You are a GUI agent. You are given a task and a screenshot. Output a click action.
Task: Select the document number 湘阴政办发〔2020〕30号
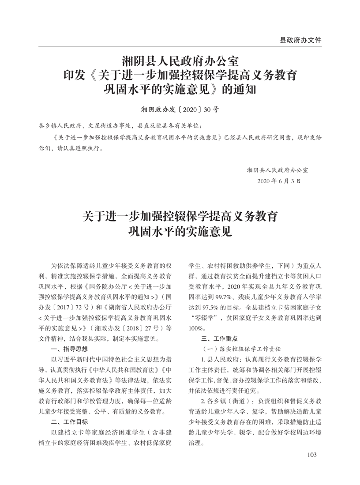point(180,109)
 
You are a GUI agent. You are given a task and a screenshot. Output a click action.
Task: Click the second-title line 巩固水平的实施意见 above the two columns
point(180,231)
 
